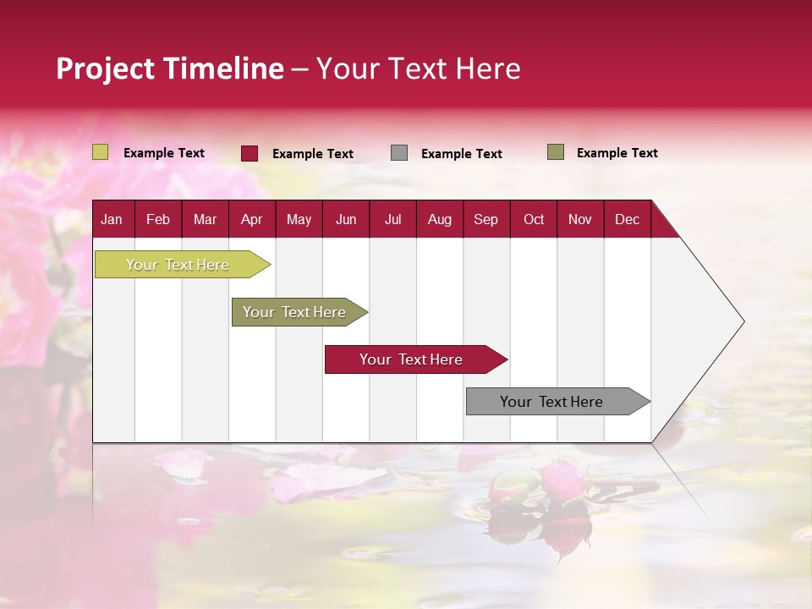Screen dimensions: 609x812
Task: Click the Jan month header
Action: (112, 219)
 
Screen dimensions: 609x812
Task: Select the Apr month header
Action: (251, 219)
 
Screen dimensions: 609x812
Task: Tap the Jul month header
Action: (392, 219)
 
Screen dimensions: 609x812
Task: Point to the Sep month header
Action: (486, 219)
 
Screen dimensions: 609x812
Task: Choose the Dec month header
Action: (627, 219)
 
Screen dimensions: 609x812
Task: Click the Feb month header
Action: (158, 219)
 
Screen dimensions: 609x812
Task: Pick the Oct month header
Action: (534, 219)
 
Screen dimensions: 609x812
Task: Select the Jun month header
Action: (346, 219)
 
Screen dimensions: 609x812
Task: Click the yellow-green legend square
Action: (101, 152)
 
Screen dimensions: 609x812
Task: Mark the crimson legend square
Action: (250, 153)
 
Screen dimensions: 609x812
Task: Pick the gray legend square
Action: (399, 153)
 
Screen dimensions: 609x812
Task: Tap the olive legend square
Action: (556, 152)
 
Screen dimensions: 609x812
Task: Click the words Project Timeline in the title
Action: (170, 69)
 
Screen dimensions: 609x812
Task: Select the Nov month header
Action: (580, 219)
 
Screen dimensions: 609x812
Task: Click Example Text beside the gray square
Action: (461, 154)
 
